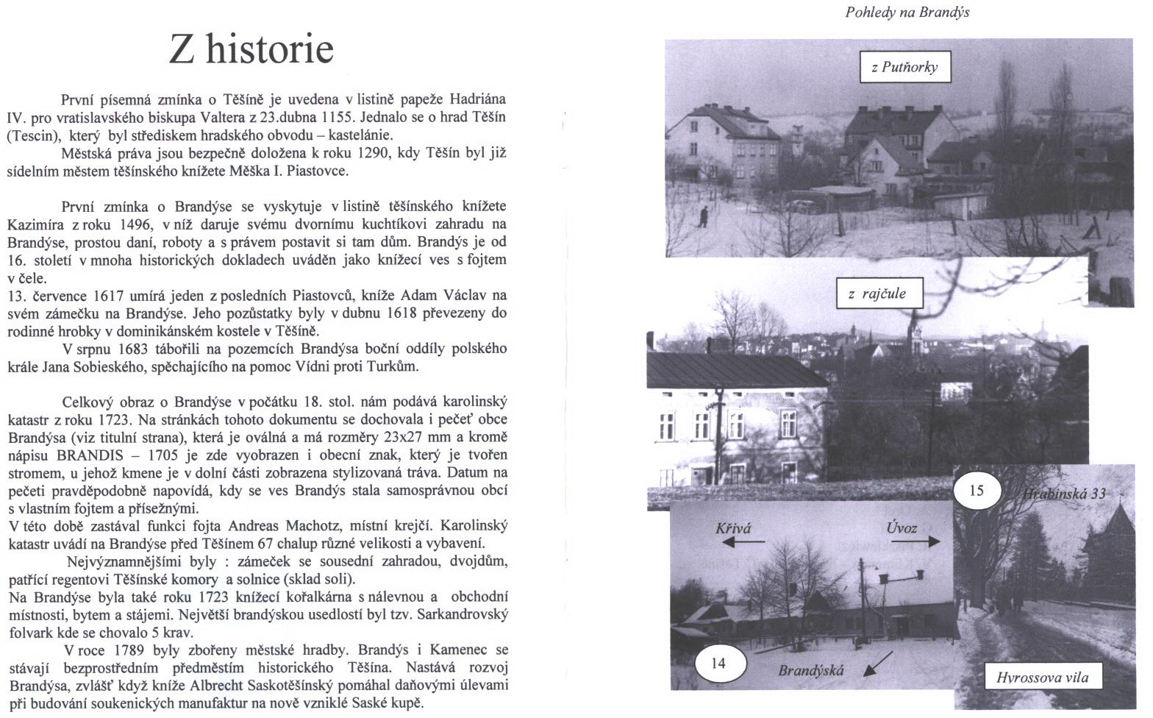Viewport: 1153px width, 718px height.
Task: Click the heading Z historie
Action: [251, 49]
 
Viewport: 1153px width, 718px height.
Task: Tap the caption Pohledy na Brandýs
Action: [907, 13]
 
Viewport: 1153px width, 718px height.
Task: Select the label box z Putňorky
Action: [904, 67]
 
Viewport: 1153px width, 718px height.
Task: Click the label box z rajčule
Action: [876, 294]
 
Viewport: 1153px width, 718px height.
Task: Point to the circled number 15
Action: [976, 490]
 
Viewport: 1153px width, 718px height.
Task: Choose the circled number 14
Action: [718, 663]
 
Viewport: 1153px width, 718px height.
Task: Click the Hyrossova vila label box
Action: [1042, 678]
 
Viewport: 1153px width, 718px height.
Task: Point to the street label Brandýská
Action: [811, 670]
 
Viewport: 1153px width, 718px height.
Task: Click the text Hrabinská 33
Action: [1065, 494]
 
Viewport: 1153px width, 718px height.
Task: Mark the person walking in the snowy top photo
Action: [704, 216]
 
